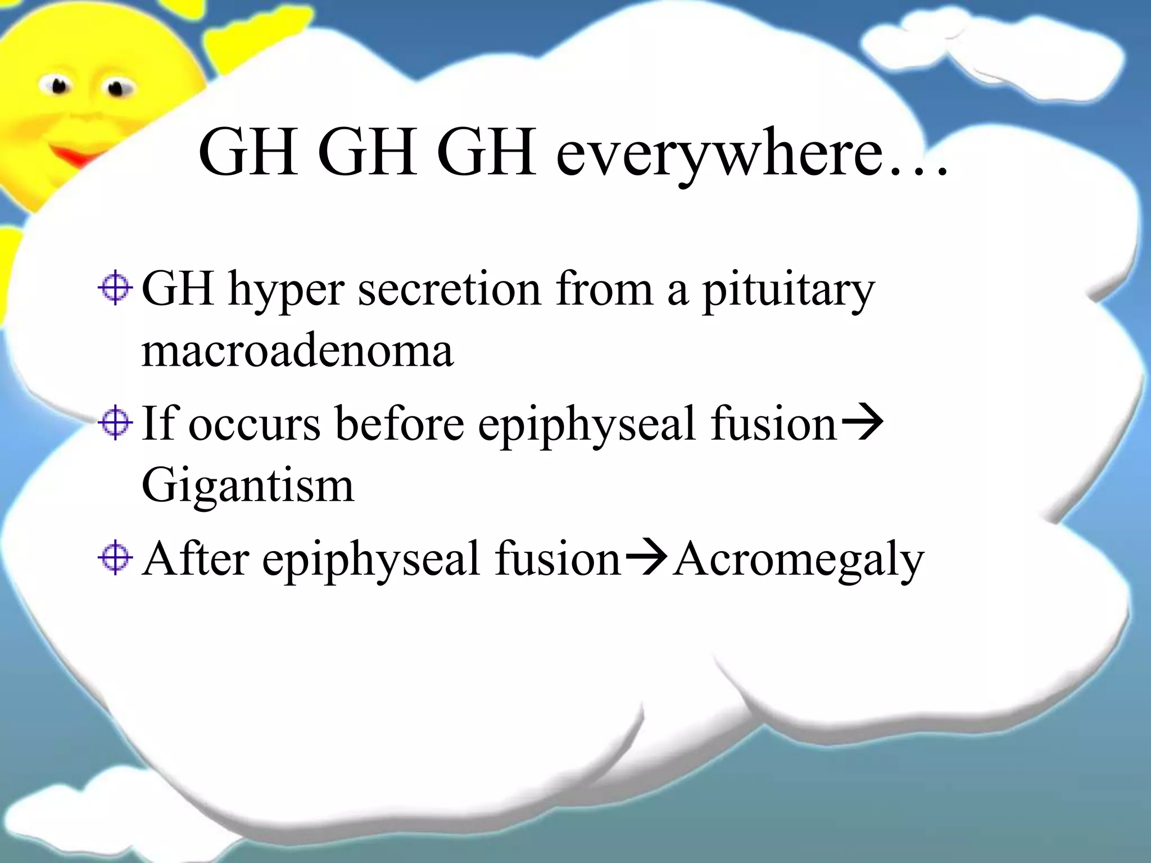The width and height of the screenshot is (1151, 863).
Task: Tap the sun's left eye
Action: pyautogui.click(x=58, y=86)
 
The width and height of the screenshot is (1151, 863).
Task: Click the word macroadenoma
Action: pyautogui.click(x=297, y=351)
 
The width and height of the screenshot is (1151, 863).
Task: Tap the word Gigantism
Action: pyautogui.click(x=247, y=485)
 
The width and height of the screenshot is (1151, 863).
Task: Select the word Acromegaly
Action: pyautogui.click(x=798, y=560)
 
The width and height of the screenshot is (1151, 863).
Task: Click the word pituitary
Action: pyautogui.click(x=788, y=291)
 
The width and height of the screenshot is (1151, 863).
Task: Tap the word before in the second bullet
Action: pyautogui.click(x=399, y=424)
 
